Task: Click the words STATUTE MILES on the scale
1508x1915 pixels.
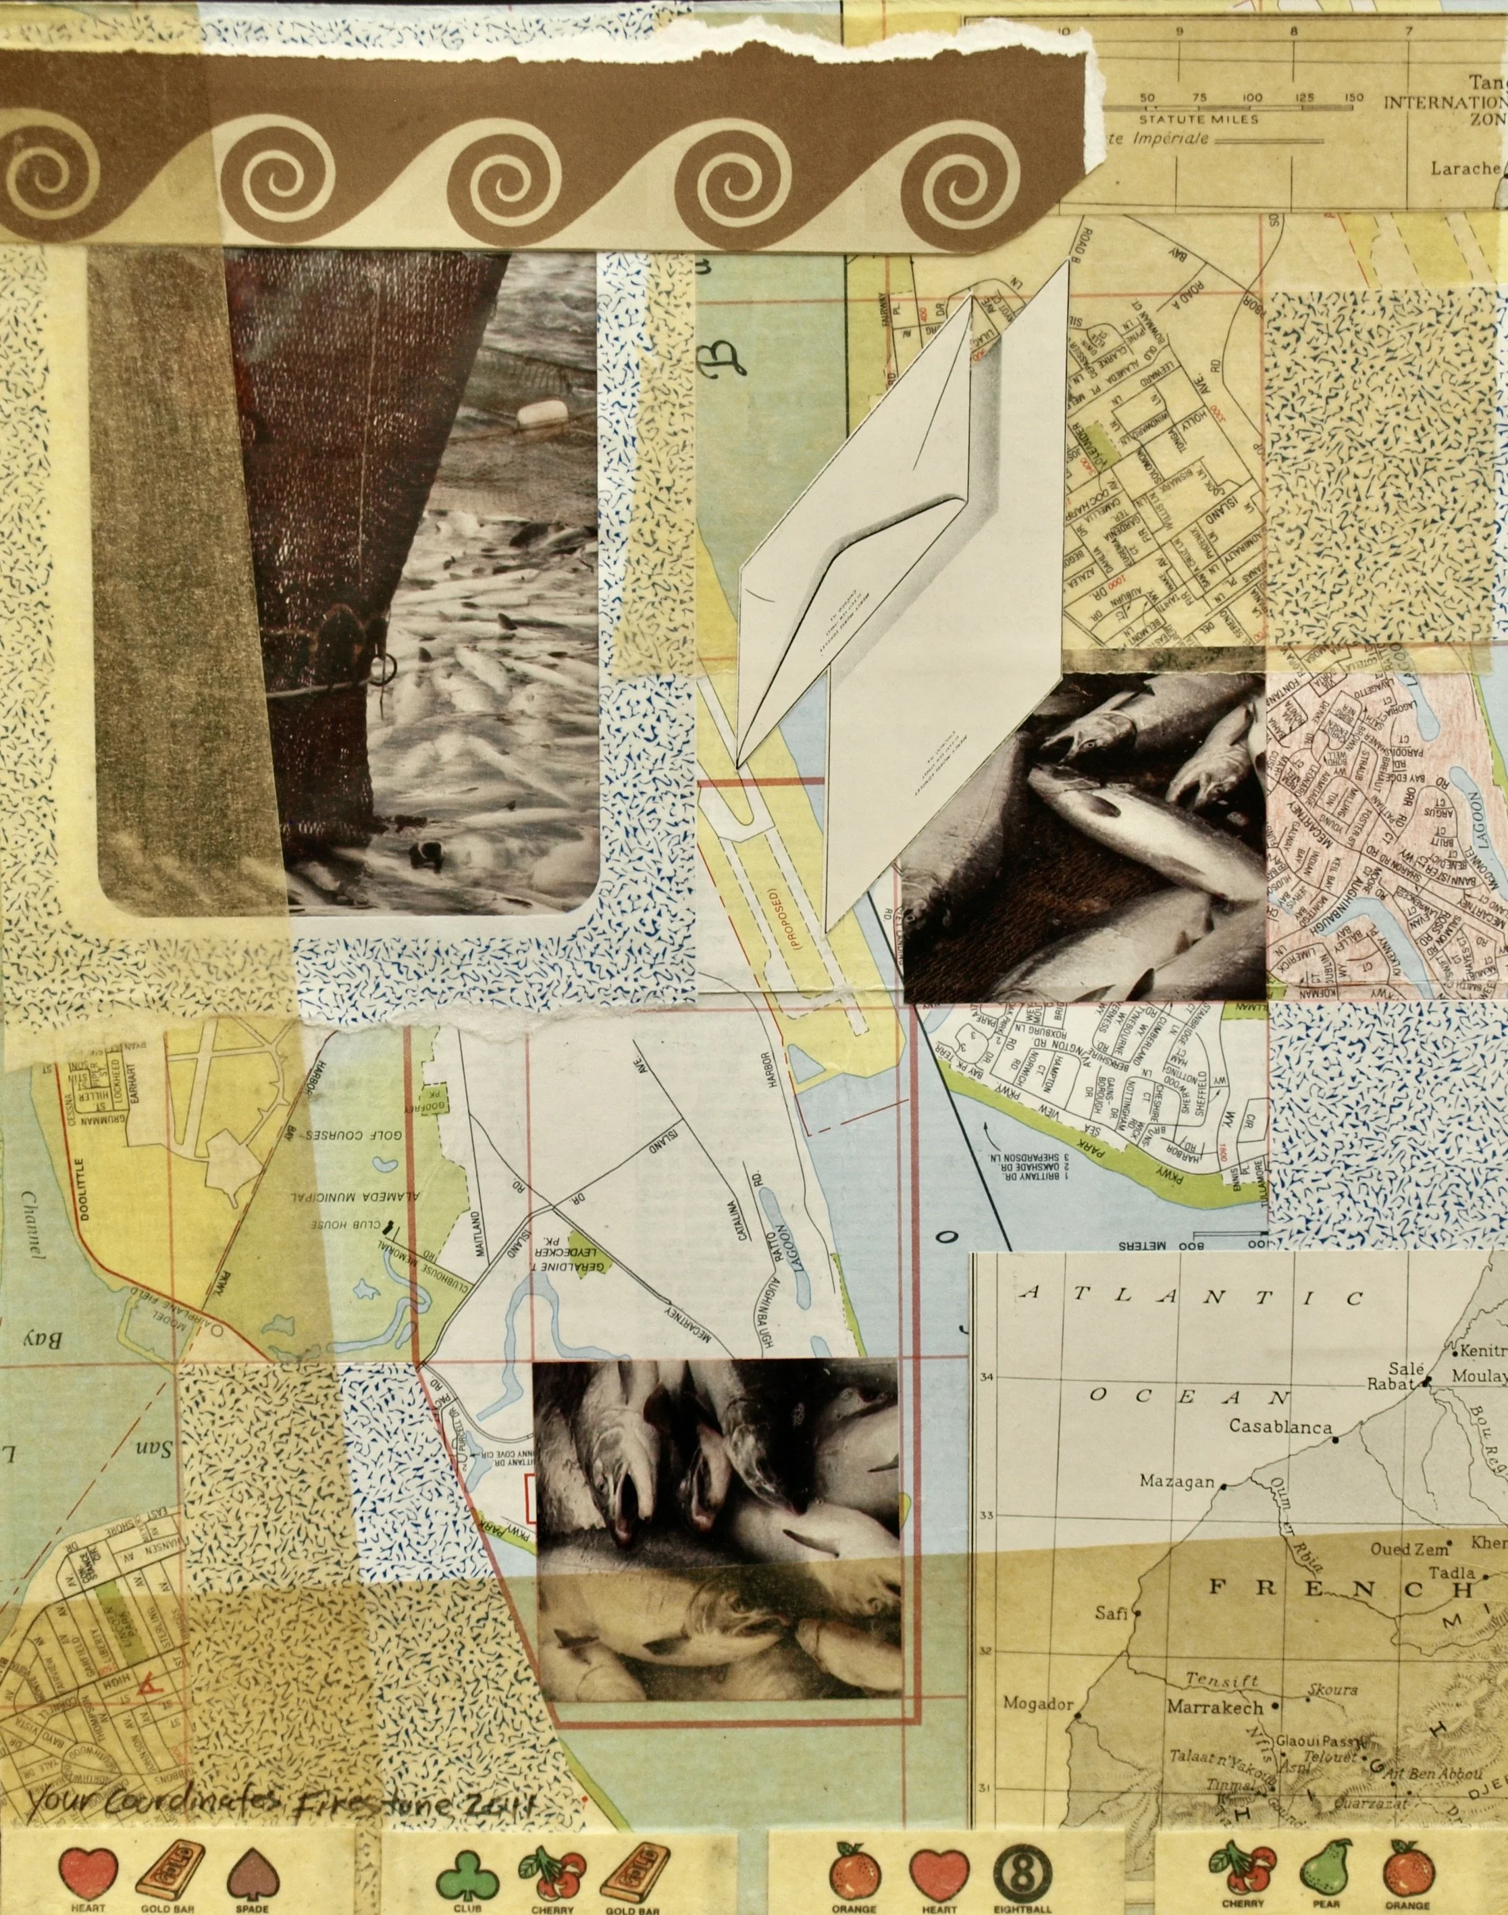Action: tap(1191, 117)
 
